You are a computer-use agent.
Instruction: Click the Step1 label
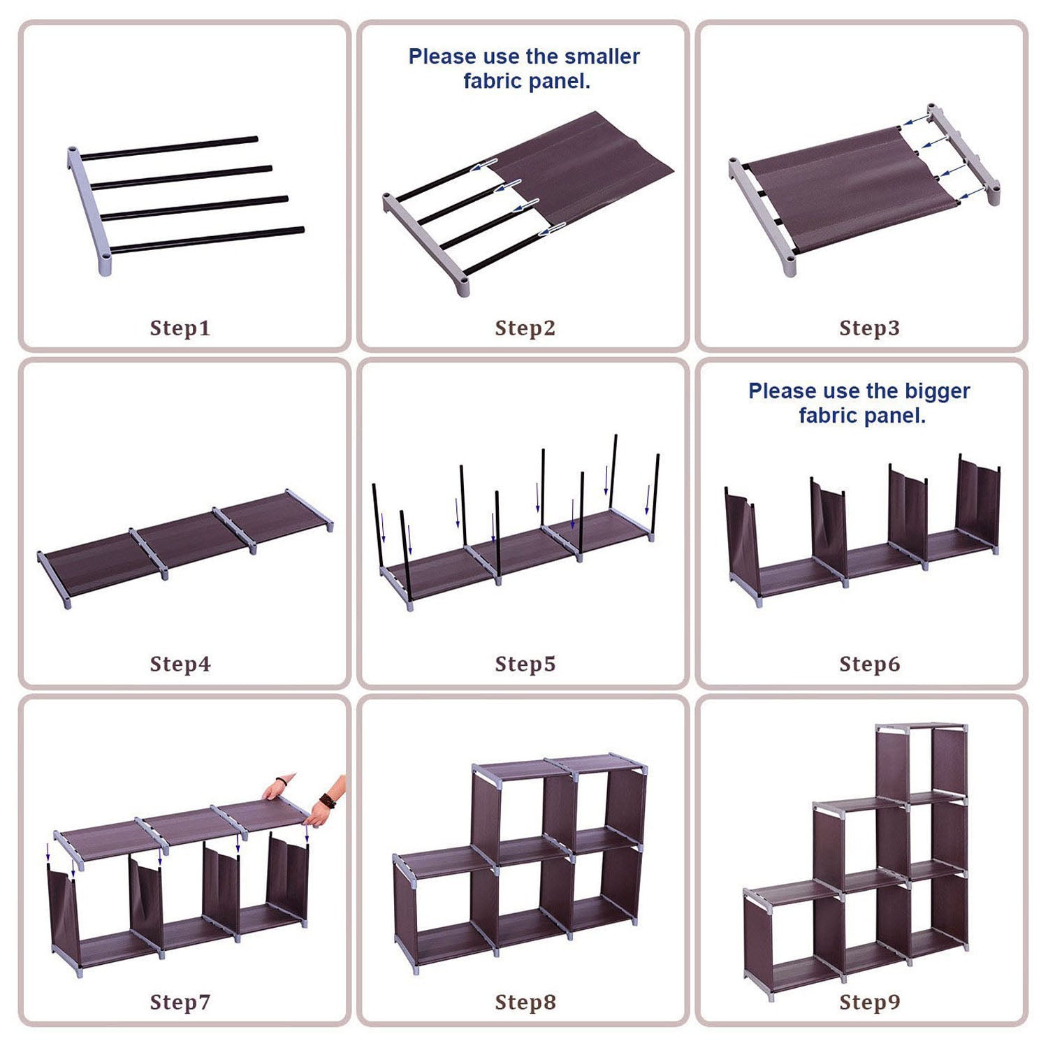(180, 328)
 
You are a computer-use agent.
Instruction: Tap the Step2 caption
(525, 328)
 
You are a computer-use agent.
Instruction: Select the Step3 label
(870, 328)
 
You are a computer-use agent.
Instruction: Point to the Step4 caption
(180, 664)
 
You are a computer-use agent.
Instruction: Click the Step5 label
(525, 664)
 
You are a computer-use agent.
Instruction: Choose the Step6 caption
(870, 664)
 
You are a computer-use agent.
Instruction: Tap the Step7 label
(180, 1002)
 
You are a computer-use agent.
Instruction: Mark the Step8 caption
(525, 1002)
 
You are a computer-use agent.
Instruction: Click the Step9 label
(870, 1002)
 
